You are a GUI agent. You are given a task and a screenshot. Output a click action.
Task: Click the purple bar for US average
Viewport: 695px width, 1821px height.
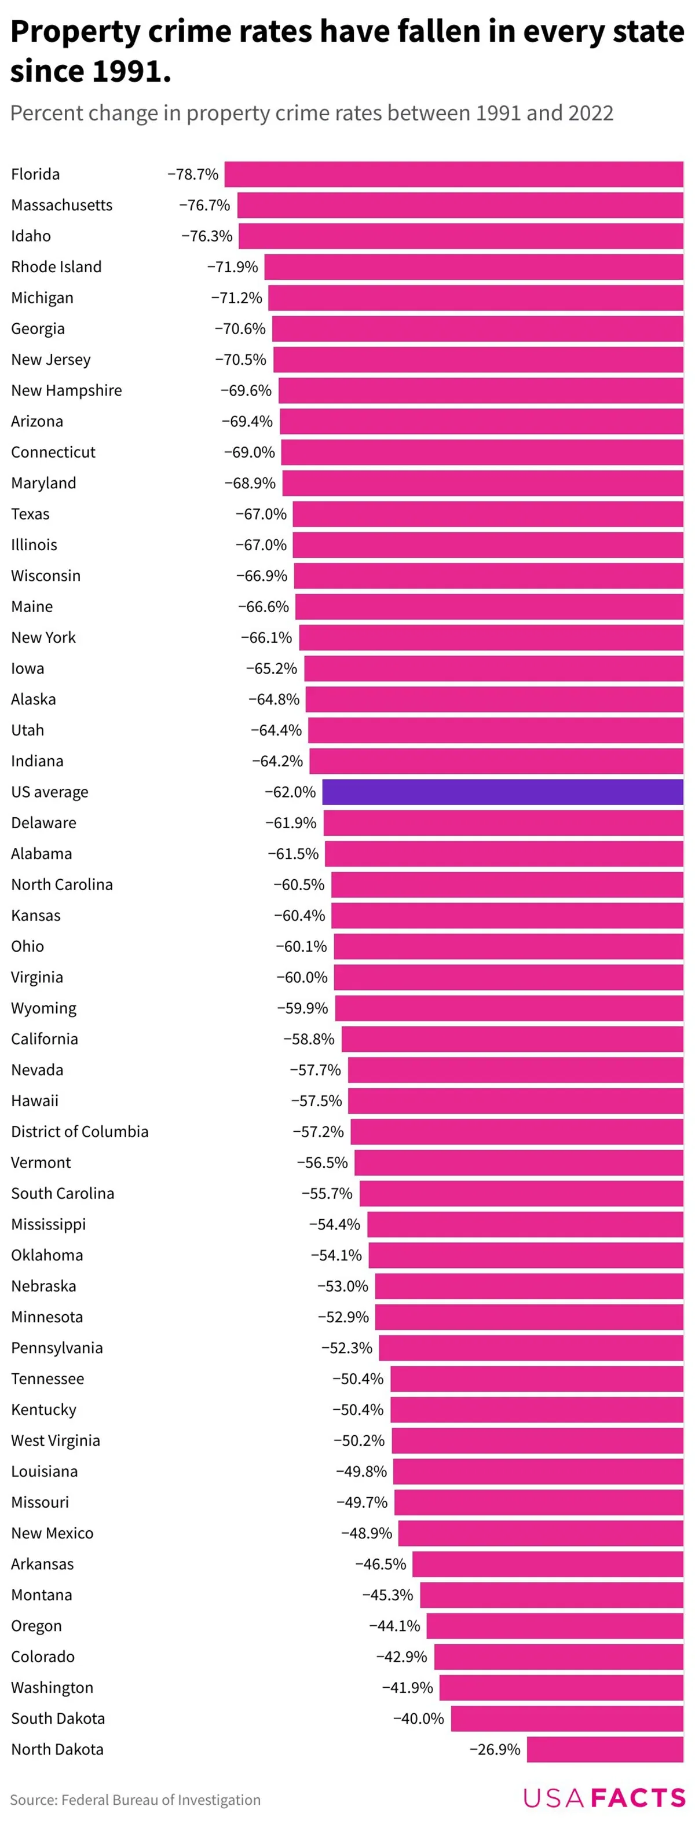point(502,792)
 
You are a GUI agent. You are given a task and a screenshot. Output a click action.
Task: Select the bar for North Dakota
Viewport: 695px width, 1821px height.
point(605,1749)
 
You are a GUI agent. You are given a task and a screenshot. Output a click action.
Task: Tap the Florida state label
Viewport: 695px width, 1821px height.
point(35,174)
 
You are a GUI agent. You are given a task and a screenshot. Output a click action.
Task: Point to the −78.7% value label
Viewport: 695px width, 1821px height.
point(192,174)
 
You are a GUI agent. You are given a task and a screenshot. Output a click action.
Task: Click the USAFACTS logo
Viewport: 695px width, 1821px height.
point(604,1798)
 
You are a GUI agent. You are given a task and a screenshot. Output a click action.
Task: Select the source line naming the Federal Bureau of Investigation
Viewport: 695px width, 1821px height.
point(135,1800)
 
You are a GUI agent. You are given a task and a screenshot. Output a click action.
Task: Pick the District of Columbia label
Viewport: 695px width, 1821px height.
point(80,1132)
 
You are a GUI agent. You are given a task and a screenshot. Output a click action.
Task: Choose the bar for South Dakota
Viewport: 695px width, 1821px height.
point(566,1718)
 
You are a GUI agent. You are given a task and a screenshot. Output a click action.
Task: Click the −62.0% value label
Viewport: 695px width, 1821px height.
point(290,792)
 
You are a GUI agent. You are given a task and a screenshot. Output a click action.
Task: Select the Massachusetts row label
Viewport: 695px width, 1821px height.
point(61,205)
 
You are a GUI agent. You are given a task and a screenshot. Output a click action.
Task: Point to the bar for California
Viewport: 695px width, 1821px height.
point(512,1039)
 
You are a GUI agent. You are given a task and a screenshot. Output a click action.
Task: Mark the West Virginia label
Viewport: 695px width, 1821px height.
point(55,1440)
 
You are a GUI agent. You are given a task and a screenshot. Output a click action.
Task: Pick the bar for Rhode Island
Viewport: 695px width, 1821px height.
point(473,267)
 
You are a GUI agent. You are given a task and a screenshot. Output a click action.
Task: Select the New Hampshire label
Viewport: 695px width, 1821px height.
point(67,390)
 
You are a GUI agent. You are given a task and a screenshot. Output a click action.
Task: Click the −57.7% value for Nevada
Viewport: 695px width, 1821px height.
point(314,1070)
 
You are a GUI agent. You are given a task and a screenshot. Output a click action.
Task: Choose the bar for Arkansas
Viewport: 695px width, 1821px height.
point(547,1564)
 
